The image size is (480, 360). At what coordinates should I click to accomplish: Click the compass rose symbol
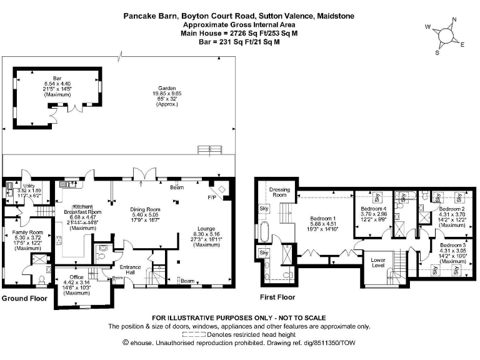click(446, 36)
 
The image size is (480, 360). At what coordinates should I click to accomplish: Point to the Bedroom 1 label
click(324, 219)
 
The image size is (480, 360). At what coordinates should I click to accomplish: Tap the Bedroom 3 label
click(451, 246)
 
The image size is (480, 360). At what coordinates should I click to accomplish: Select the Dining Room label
click(145, 209)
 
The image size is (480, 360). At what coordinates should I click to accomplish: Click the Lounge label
click(206, 229)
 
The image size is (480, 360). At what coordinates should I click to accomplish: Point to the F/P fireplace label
click(212, 196)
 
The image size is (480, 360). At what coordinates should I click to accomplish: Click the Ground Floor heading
click(24, 299)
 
